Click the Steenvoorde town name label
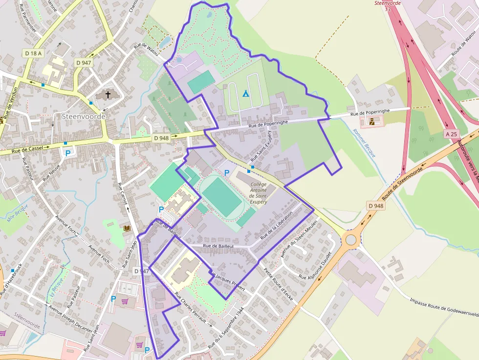[84, 117]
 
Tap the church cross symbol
[107, 94]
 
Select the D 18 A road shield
[33, 53]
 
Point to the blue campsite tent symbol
[246, 93]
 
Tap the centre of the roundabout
[350, 239]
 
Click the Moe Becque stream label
[18, 214]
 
